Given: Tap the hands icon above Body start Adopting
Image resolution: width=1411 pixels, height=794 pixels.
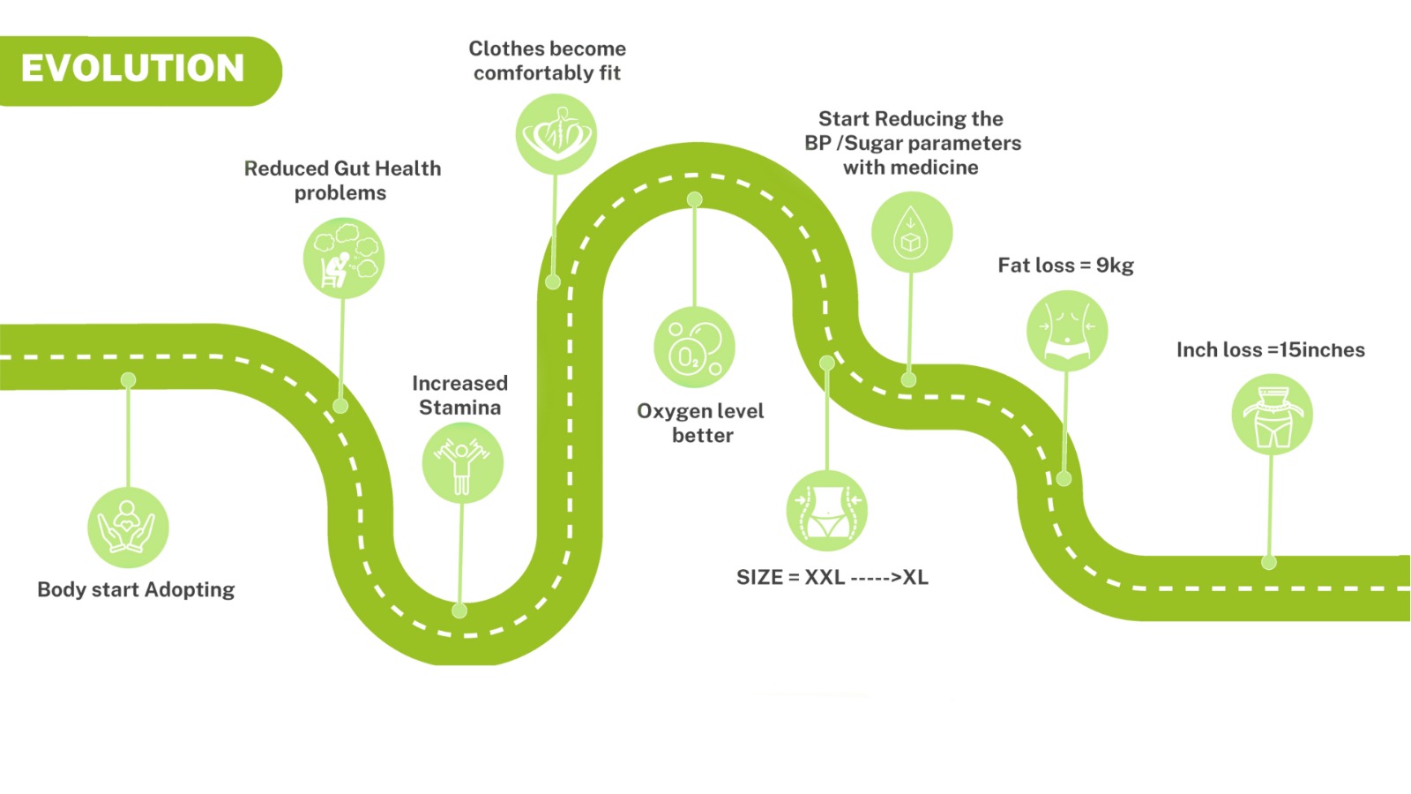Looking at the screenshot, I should tap(128, 527).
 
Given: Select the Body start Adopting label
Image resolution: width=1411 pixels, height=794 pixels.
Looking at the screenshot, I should tap(136, 589).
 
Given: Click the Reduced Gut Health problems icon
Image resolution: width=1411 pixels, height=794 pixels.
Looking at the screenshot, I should tap(344, 258).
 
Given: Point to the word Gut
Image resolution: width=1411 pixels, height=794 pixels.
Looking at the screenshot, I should tap(350, 169).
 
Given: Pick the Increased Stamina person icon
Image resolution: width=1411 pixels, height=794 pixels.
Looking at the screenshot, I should tap(462, 463).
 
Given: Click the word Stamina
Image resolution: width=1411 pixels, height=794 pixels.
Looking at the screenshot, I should tap(459, 408).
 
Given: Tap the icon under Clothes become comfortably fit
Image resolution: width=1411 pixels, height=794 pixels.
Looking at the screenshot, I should tap(556, 134).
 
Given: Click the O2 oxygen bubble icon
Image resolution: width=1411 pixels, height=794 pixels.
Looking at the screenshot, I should tap(694, 347).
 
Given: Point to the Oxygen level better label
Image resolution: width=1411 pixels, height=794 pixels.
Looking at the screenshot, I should tap(701, 423).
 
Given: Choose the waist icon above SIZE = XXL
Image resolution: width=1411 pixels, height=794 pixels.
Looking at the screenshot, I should tap(826, 511).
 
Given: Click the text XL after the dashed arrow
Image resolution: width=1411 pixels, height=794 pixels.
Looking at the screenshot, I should tap(915, 577).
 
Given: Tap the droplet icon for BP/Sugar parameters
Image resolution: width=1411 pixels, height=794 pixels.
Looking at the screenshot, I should tap(912, 233).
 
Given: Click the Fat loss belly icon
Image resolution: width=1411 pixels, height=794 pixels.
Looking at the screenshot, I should tap(1067, 331).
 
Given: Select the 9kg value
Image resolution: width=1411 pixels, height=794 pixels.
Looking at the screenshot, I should tap(1115, 266).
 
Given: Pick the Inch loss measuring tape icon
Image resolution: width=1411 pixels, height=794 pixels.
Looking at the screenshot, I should tap(1272, 415).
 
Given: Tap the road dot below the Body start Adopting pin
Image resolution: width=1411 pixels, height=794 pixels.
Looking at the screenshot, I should tap(129, 380).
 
